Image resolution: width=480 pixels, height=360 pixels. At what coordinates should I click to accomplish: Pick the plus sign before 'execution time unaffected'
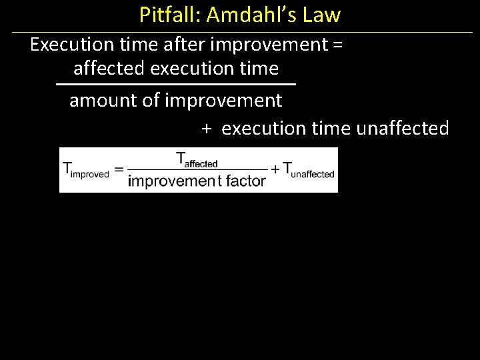click(207, 129)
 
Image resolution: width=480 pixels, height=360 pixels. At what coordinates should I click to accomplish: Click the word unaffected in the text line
click(403, 128)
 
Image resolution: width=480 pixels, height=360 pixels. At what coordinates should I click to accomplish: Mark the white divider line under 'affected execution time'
click(175, 85)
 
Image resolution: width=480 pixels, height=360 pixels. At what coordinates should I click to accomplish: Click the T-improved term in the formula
click(85, 169)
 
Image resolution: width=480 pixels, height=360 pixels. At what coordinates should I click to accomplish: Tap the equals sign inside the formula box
click(119, 169)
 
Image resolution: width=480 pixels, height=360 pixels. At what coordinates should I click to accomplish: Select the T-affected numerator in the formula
click(197, 160)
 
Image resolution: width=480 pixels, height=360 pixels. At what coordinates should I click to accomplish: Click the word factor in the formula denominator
click(246, 181)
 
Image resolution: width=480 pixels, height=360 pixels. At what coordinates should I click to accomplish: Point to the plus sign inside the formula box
click(275, 169)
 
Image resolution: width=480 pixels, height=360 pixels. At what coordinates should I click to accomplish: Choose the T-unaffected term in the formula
click(309, 169)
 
